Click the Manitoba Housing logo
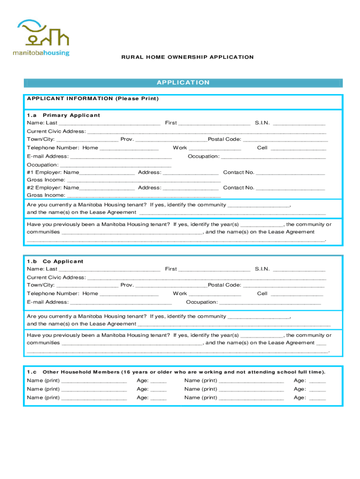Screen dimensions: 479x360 (x=41, y=37)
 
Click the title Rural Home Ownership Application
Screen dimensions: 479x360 (x=187, y=57)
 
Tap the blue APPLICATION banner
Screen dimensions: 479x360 (x=183, y=83)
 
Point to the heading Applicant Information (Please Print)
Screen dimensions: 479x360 (x=93, y=99)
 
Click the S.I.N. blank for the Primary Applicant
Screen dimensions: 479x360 (x=299, y=123)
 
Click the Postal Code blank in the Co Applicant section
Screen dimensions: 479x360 (x=284, y=285)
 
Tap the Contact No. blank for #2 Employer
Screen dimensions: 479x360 (x=290, y=188)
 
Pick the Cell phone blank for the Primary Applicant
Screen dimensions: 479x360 (x=298, y=148)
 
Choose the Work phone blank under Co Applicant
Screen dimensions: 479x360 (x=215, y=294)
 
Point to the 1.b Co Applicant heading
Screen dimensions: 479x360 (x=55, y=261)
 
